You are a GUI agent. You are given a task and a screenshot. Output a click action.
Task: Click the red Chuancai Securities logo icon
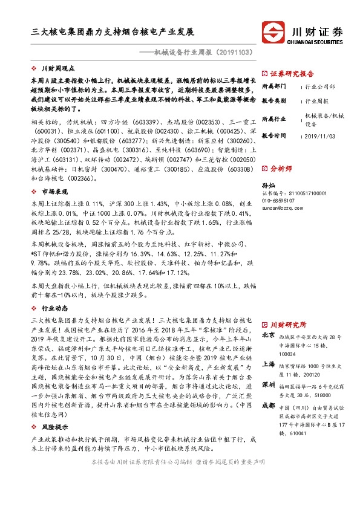point(273,32)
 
